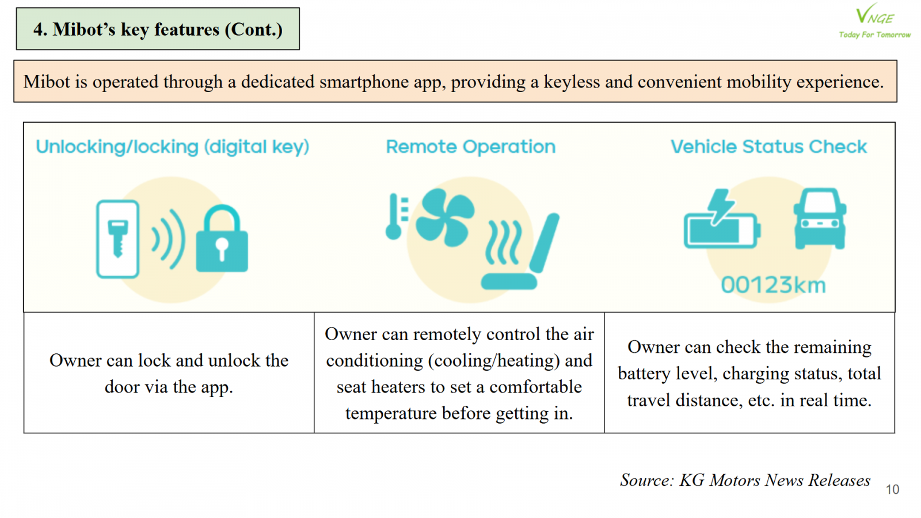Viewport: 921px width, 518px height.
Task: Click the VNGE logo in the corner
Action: tap(874, 21)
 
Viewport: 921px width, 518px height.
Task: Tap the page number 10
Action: tap(892, 490)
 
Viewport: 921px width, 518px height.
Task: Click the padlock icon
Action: tap(222, 238)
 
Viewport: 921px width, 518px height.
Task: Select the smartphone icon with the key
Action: tap(117, 239)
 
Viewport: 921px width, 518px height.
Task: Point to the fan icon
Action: tap(445, 218)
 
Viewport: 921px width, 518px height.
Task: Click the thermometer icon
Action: tap(396, 216)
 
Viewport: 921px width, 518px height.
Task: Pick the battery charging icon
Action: tap(722, 219)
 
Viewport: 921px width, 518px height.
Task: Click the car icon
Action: tap(820, 218)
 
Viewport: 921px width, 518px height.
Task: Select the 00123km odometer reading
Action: tap(773, 285)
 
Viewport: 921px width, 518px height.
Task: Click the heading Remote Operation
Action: tap(471, 147)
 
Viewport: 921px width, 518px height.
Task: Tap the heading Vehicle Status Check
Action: tap(769, 147)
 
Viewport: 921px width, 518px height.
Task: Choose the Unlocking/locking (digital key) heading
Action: tap(173, 147)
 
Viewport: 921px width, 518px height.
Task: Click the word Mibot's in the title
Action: tap(84, 29)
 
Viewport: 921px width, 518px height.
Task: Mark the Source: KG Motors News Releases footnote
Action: tap(745, 480)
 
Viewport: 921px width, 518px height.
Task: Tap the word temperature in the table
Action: tap(391, 413)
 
